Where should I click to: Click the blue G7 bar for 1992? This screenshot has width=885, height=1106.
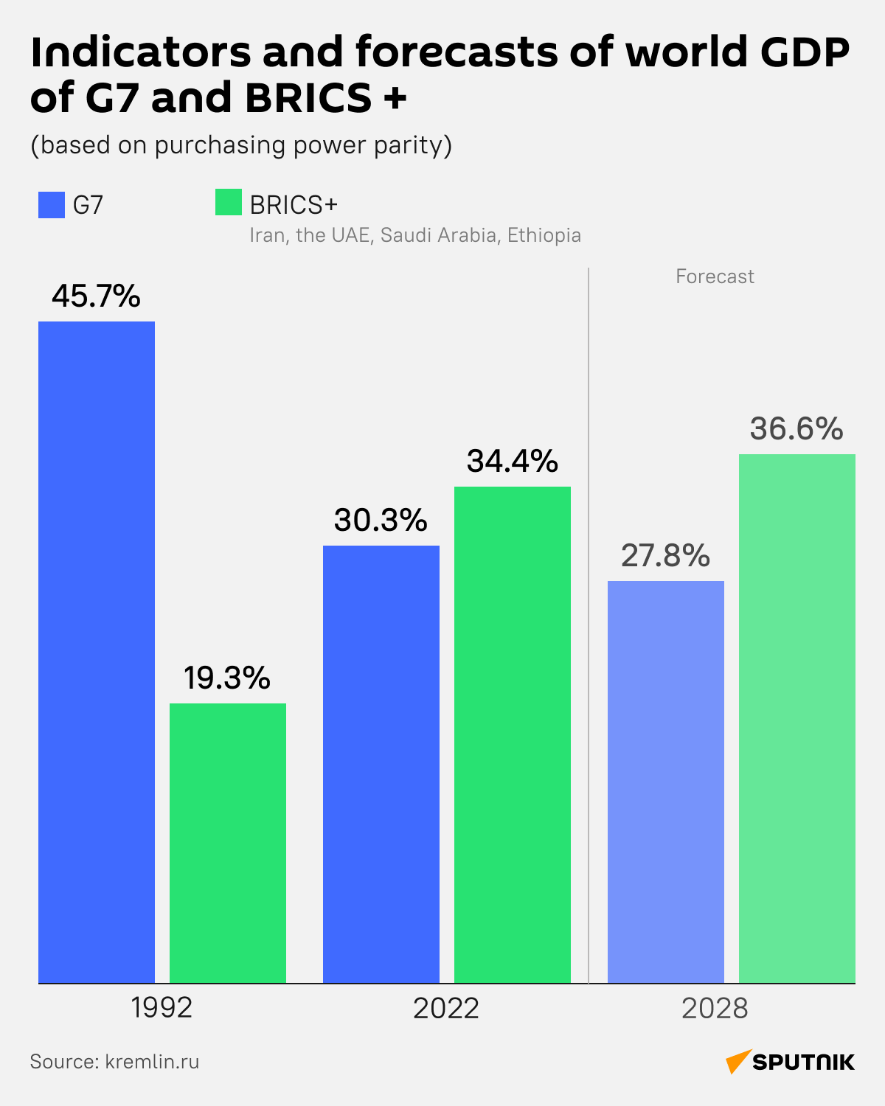[x=97, y=652]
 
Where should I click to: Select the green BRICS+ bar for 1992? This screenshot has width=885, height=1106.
[x=228, y=843]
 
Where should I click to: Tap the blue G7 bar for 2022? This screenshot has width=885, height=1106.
[x=381, y=764]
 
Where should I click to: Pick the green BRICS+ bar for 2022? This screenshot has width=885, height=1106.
[x=513, y=734]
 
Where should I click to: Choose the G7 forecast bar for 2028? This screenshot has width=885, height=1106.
[x=666, y=782]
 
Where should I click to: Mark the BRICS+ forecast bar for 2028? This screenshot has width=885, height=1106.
[x=797, y=718]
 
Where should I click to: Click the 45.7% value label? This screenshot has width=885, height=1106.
[x=96, y=296]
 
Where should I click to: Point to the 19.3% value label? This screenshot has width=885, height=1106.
[x=227, y=678]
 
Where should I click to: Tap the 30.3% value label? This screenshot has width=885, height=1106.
[x=381, y=521]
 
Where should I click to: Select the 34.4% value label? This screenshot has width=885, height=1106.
[x=513, y=462]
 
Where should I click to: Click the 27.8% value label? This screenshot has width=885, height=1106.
[x=665, y=556]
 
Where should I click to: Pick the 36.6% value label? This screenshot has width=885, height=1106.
[x=796, y=429]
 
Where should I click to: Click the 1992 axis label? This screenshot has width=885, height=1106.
[x=162, y=1008]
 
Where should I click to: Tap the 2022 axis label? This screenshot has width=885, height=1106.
[x=446, y=1008]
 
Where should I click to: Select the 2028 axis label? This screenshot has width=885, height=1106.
[x=715, y=1008]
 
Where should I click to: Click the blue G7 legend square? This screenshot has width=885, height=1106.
[x=52, y=204]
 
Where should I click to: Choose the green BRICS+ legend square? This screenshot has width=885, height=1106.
[x=229, y=203]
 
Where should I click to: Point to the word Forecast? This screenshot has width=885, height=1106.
[x=715, y=276]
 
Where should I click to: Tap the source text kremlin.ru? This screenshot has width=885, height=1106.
[x=152, y=1062]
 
